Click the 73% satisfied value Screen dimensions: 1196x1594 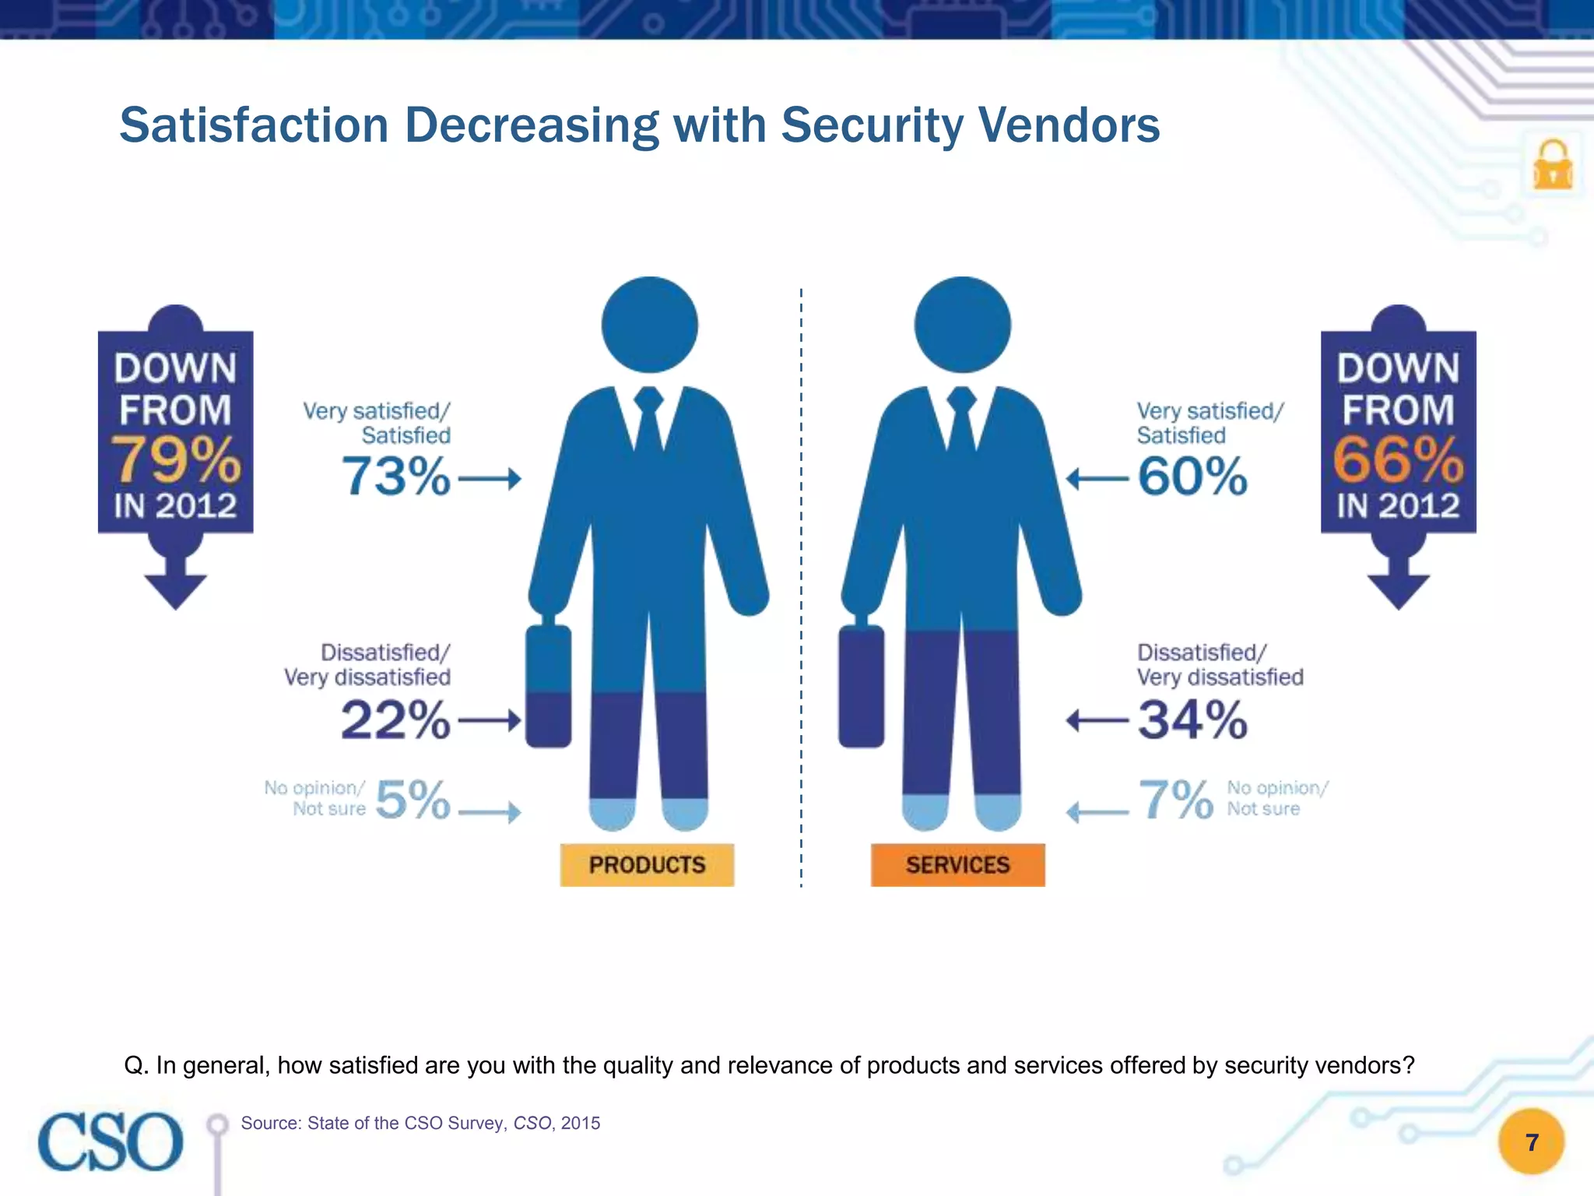coord(395,477)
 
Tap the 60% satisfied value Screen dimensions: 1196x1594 coord(1192,477)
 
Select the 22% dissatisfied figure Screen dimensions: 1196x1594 coord(395,720)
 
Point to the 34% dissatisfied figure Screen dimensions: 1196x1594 coord(1192,720)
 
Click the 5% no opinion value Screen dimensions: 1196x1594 coord(413,800)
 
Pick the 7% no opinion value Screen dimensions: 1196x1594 coord(1175,800)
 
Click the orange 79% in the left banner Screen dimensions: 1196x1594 coord(176,459)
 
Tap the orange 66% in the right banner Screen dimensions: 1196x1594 coord(1398,459)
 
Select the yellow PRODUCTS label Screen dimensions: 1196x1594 coord(647,865)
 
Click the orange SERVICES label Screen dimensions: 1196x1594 coord(957,865)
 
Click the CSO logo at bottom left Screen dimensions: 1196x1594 coord(111,1141)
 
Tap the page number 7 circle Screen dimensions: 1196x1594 coord(1531,1142)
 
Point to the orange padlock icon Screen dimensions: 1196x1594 coord(1553,165)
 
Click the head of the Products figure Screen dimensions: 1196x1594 coord(650,325)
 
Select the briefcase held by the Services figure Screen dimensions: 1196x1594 coord(861,685)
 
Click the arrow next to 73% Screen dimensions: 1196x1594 coord(490,479)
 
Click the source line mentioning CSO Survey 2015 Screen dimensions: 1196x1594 coord(420,1123)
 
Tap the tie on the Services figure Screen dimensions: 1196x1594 coord(962,420)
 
